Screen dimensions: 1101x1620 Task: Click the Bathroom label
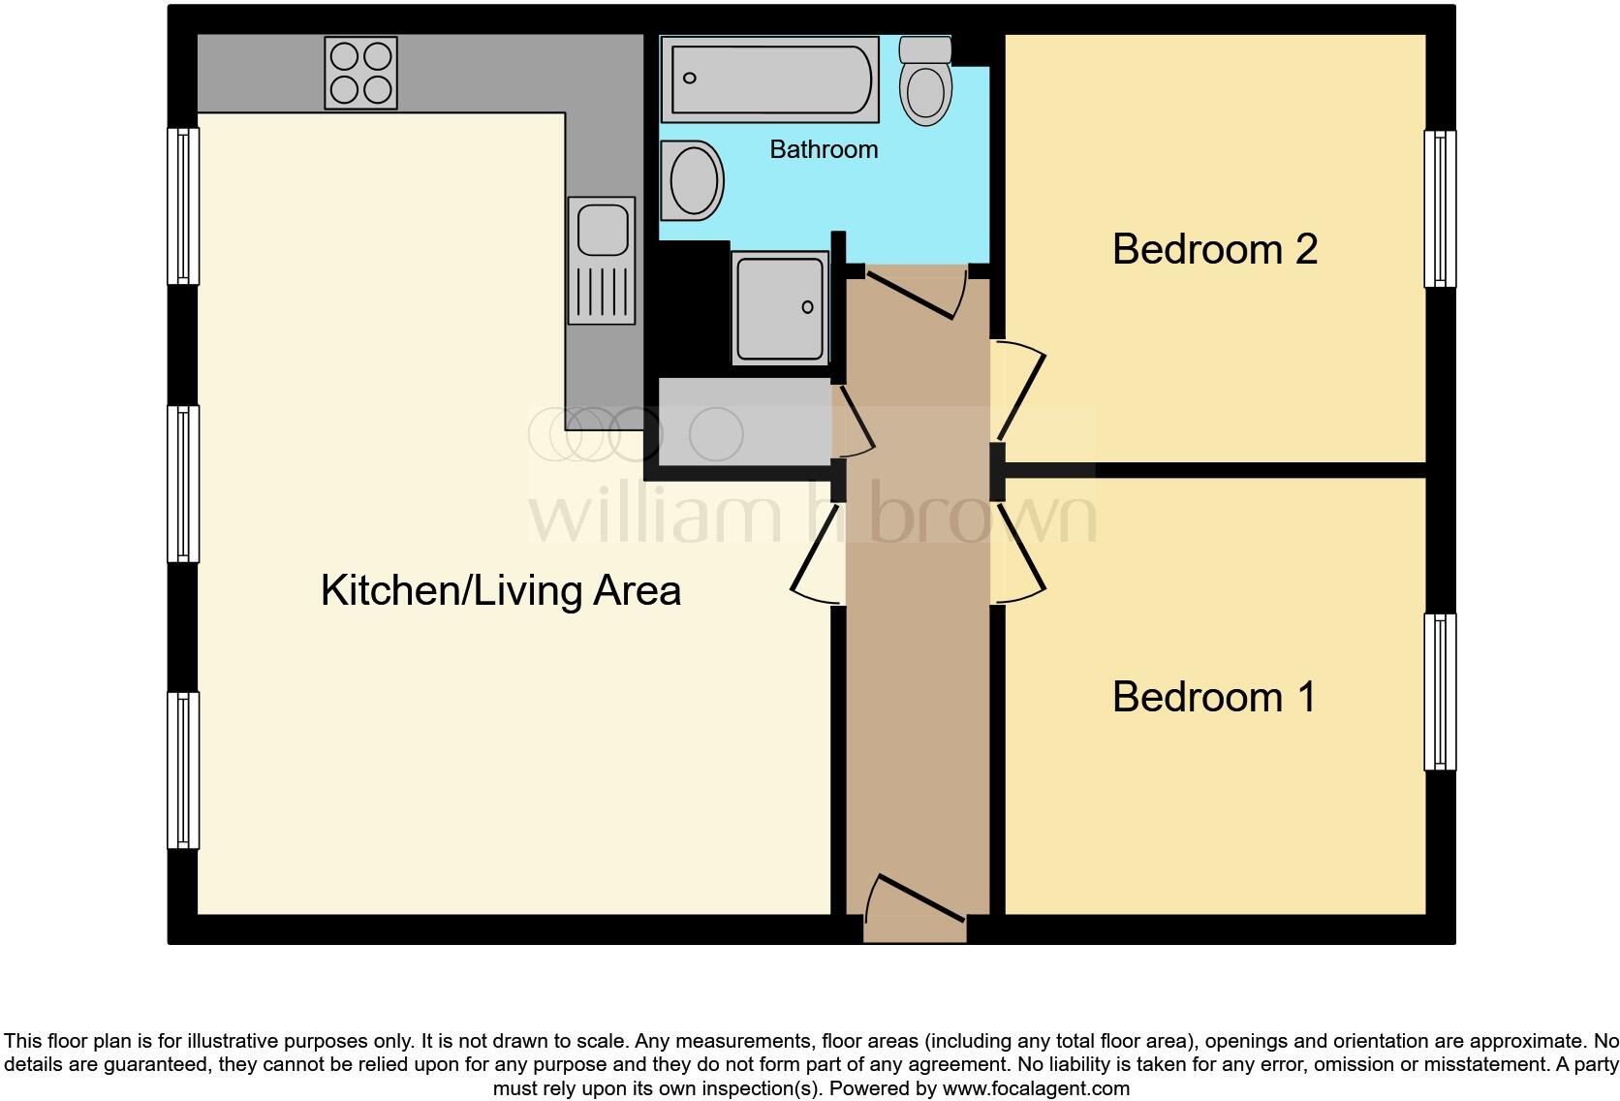click(824, 149)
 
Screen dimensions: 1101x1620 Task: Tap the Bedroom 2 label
click(1214, 249)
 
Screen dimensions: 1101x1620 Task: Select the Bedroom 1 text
click(1214, 697)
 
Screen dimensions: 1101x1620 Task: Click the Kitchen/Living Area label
click(500, 590)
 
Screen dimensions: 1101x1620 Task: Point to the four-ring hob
click(360, 73)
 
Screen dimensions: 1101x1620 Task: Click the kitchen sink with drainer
click(602, 260)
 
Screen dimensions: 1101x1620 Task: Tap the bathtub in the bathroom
click(769, 79)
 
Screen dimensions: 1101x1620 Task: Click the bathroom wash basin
click(693, 180)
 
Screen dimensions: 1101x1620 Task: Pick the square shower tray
click(780, 308)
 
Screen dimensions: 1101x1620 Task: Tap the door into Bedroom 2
click(1019, 393)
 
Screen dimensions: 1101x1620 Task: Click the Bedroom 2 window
click(1440, 208)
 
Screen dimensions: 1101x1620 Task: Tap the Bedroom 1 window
click(1440, 691)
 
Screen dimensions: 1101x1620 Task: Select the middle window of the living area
click(183, 483)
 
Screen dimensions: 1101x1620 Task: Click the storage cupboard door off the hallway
click(853, 423)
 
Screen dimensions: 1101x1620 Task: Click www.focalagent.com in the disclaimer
click(1036, 1088)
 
